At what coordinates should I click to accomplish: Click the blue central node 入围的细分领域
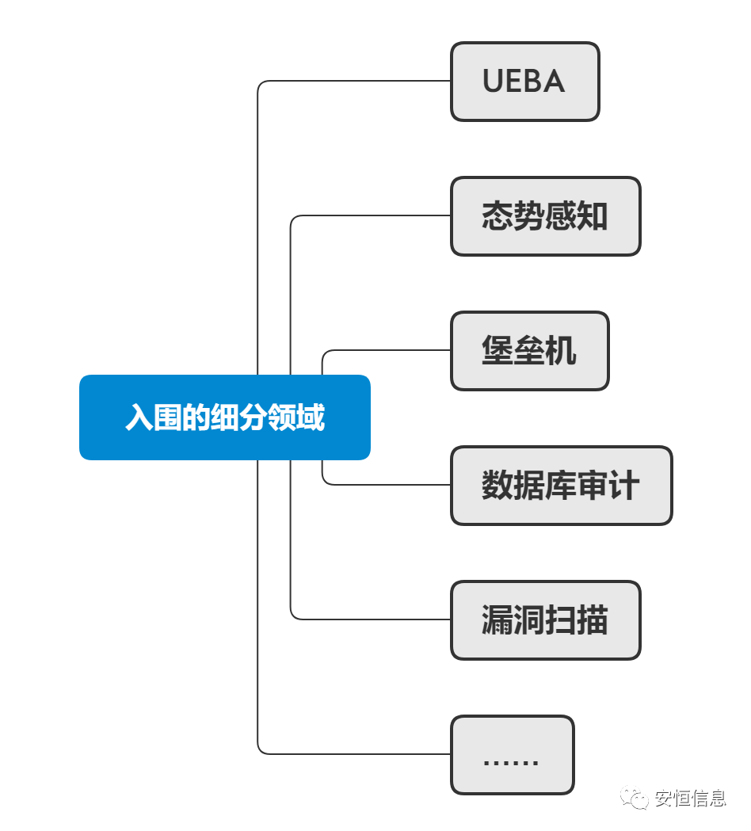tap(224, 417)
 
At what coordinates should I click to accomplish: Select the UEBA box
tap(524, 82)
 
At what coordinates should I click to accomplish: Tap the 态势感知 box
tap(545, 216)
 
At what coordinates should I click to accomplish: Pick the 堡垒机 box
tap(529, 351)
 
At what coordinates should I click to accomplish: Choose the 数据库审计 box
tap(561, 486)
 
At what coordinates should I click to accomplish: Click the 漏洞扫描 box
tap(545, 620)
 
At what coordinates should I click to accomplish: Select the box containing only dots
tap(512, 755)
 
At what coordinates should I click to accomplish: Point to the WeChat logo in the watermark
tap(635, 796)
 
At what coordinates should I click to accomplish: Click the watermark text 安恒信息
tap(690, 798)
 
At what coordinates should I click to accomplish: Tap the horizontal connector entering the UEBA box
tap(356, 81)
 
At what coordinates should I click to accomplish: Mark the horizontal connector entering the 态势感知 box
tap(372, 215)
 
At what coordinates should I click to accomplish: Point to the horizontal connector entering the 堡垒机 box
tap(388, 350)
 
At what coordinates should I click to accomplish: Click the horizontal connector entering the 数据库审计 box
tap(388, 485)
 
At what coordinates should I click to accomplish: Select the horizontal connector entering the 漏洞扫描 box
tap(372, 619)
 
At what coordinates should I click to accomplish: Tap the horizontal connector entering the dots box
tap(356, 754)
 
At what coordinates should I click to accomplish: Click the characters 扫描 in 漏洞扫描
tap(577, 620)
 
